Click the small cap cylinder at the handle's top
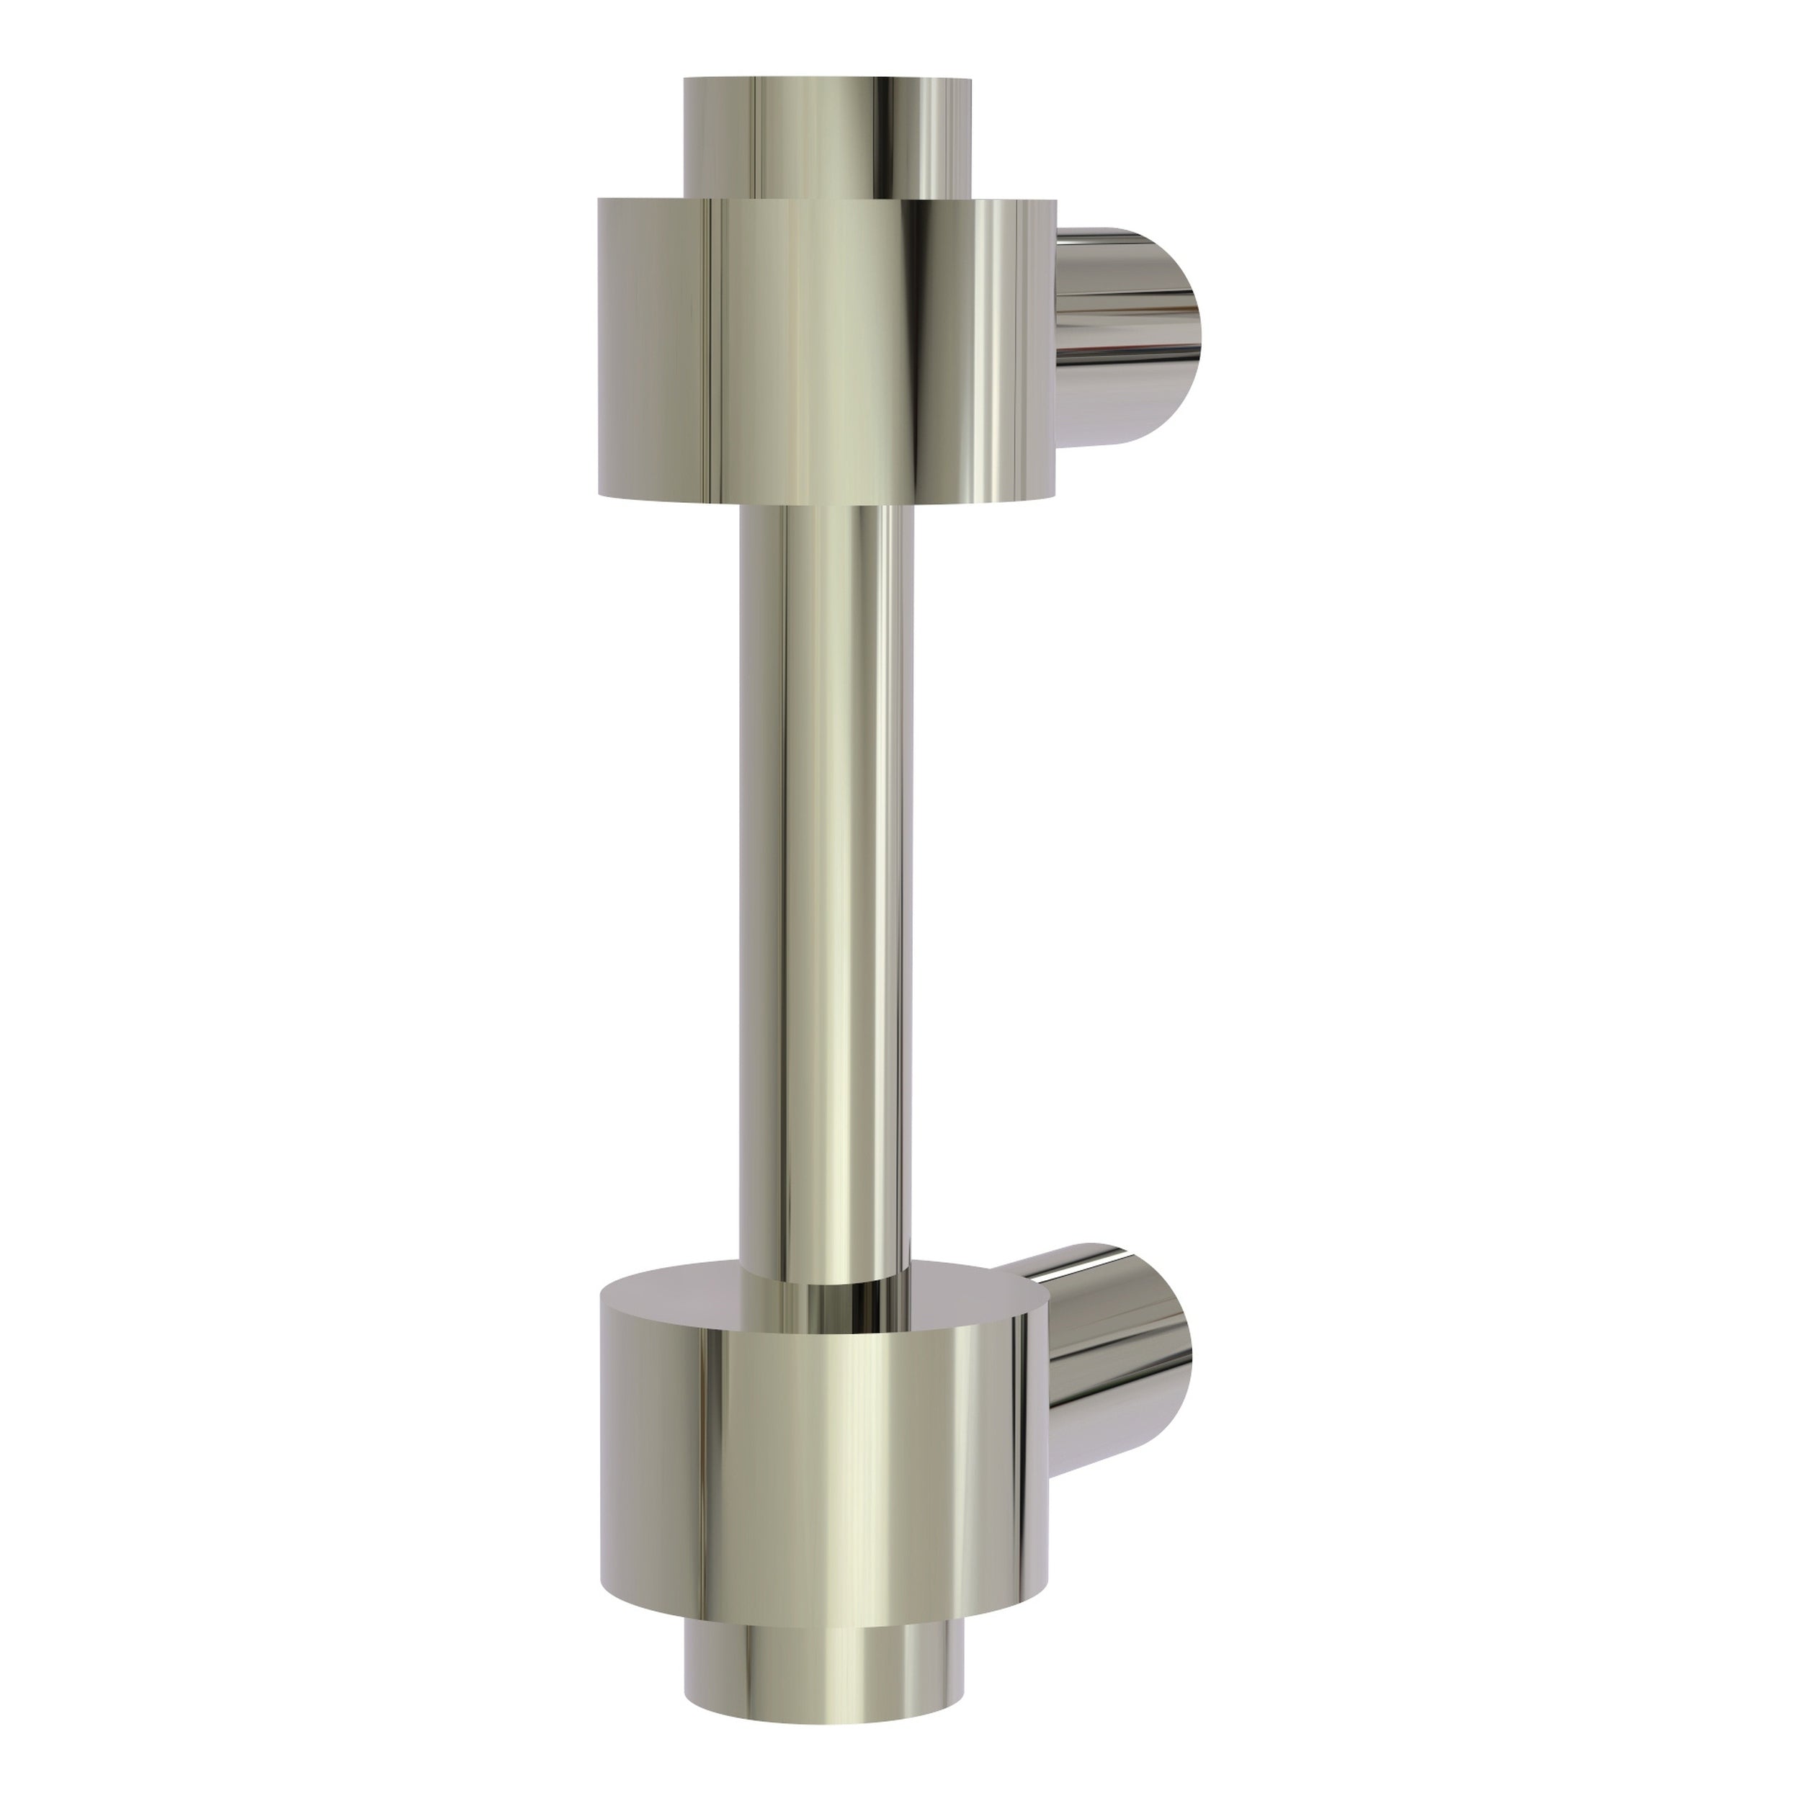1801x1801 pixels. pyautogui.click(x=825, y=140)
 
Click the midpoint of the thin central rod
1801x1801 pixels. pyautogui.click(x=826, y=885)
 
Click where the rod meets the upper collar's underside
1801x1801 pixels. pyautogui.click(x=826, y=508)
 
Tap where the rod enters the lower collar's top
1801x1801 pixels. pyautogui.click(x=826, y=1275)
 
